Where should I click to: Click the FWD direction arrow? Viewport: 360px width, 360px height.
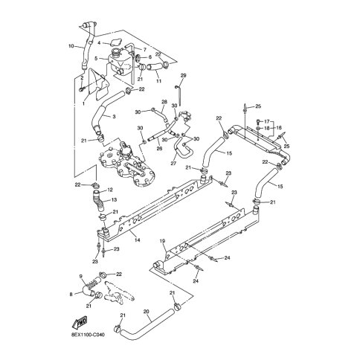tap(80, 322)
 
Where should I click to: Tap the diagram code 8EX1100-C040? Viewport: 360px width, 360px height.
tap(88, 335)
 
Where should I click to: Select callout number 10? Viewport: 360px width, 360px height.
tap(71, 46)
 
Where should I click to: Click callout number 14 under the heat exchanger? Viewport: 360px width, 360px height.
tap(138, 240)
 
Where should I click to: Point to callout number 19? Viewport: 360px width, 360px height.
tap(162, 241)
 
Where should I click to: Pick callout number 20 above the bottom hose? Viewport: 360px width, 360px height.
tap(147, 311)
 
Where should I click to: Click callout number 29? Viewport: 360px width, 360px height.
tap(184, 75)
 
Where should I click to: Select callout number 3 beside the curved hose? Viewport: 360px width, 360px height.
tap(114, 116)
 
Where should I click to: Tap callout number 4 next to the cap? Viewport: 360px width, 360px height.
tap(99, 43)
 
